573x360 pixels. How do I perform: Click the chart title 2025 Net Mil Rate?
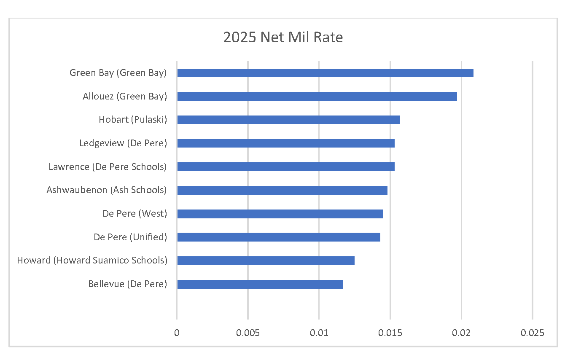point(283,38)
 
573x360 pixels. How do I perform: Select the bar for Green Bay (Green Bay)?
point(325,73)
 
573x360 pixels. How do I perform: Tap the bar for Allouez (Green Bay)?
point(317,97)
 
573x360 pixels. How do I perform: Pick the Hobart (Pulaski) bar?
point(288,120)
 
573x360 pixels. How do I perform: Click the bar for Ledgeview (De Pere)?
point(285,143)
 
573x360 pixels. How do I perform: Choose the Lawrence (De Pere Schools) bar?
point(285,167)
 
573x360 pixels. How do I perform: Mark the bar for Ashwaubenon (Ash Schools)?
point(282,190)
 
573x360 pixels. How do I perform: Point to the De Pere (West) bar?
point(280,214)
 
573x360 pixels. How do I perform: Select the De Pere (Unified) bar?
point(278,237)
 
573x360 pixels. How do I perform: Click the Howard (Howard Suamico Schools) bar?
point(266,261)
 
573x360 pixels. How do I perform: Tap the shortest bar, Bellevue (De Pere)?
point(260,284)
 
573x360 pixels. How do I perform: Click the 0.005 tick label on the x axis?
point(248,333)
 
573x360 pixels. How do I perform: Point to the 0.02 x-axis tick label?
point(461,333)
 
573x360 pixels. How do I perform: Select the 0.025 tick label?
point(533,333)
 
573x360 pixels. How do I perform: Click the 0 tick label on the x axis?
point(177,333)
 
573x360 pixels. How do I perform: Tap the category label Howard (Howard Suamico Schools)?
point(92,261)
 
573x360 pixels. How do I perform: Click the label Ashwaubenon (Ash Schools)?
point(107,190)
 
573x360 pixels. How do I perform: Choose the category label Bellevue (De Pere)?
point(127,284)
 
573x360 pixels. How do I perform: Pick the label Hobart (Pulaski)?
point(133,120)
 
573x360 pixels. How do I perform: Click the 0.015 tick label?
point(390,333)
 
